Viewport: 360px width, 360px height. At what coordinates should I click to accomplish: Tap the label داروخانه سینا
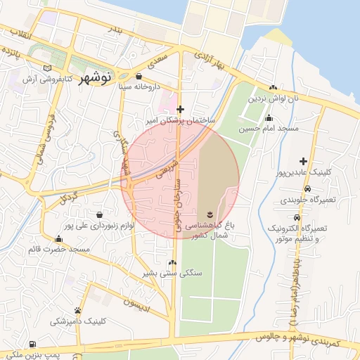(139, 87)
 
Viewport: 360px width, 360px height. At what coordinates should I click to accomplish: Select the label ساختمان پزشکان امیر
(181, 121)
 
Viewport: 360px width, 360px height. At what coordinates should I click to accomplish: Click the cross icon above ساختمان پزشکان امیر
(181, 109)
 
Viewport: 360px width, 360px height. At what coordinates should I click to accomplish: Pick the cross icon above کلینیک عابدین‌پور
(303, 162)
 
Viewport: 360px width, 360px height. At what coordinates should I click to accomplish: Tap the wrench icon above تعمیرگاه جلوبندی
(304, 189)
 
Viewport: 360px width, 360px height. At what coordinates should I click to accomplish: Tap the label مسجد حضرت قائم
(59, 250)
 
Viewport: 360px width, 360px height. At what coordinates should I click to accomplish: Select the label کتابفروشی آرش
(49, 79)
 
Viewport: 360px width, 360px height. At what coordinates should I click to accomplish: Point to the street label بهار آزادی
(210, 60)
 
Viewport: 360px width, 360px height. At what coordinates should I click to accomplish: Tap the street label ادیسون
(138, 302)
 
